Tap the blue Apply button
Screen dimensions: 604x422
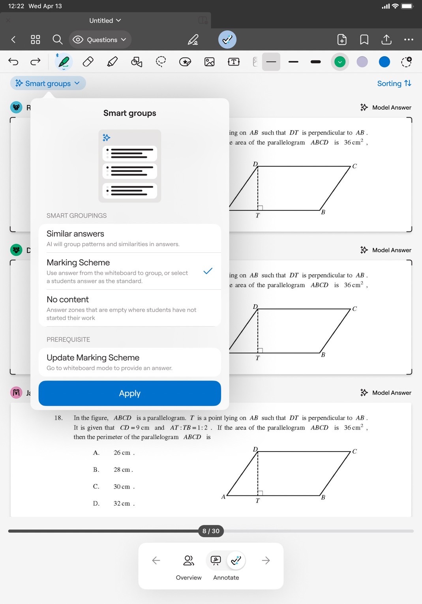click(x=129, y=393)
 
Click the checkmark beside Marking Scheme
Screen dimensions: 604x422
click(x=208, y=271)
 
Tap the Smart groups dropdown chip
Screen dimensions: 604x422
click(x=48, y=83)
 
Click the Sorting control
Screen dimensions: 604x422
click(x=394, y=83)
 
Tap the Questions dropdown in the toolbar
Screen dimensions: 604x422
click(x=100, y=40)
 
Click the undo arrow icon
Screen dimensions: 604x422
click(x=13, y=62)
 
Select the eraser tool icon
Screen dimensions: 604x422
click(x=88, y=62)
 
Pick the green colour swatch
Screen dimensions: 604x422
click(x=339, y=62)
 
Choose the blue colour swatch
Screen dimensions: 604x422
click(x=384, y=62)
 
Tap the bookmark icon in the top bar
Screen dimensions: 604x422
click(x=364, y=40)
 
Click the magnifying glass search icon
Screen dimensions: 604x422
click(x=57, y=39)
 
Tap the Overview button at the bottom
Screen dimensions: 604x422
click(x=189, y=567)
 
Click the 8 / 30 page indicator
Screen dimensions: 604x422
click(x=211, y=531)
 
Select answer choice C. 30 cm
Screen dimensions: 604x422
click(x=122, y=487)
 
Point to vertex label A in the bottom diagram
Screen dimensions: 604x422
click(x=223, y=497)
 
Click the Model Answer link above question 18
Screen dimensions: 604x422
click(x=386, y=392)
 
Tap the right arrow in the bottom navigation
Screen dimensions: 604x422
click(x=266, y=561)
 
